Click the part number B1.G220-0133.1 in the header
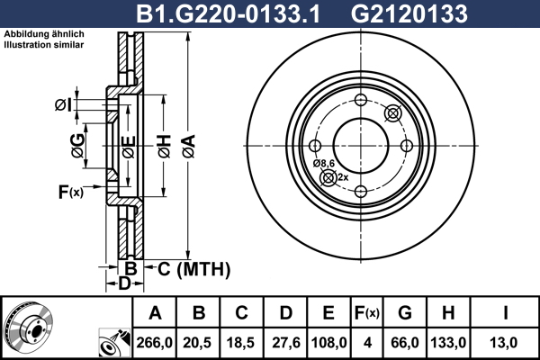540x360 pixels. pos(228,14)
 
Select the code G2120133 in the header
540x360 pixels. pos(409,14)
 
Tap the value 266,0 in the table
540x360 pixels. pos(154,343)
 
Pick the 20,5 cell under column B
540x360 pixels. pos(197,343)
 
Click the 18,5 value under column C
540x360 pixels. pos(240,343)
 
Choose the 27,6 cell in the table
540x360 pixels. pos(286,343)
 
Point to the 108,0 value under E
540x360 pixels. pos(328,343)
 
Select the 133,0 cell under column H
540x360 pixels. pos(448,343)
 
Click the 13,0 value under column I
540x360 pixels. pos(503,343)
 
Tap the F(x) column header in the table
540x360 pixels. pos(367,313)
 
